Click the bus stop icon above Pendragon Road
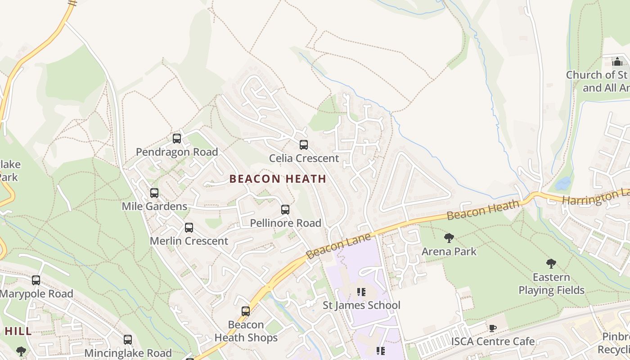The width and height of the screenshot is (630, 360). (177, 139)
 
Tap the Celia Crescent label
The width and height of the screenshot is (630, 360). (304, 158)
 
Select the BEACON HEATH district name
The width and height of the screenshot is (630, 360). (278, 179)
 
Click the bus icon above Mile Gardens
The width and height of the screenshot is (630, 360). (154, 193)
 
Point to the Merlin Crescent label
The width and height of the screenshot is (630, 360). (189, 241)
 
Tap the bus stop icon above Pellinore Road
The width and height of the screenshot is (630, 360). (285, 210)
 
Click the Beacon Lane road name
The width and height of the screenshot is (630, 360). (338, 246)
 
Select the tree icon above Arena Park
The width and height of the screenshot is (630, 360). (449, 238)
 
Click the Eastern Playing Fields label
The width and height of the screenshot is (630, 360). (551, 283)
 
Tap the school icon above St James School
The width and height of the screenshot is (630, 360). (361, 292)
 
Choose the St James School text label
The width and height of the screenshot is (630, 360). (361, 306)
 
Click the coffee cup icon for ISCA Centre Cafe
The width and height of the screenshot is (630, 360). (493, 328)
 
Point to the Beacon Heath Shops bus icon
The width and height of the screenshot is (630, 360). (246, 311)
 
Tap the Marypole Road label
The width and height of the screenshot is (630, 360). (36, 294)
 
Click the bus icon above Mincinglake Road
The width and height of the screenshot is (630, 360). (128, 340)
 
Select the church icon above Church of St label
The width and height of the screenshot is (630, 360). (617, 62)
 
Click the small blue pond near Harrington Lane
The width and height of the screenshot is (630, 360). (562, 183)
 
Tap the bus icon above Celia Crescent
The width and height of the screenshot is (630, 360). (304, 145)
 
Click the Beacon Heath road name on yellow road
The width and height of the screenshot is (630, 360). (483, 209)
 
